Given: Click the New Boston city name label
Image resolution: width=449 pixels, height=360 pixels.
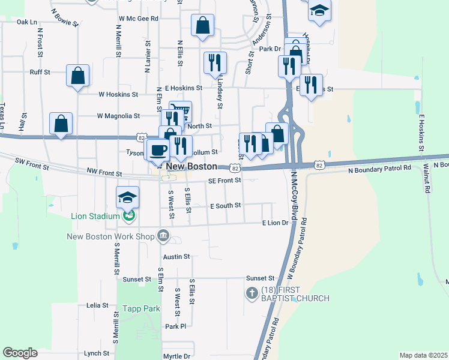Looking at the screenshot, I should [x=191, y=166].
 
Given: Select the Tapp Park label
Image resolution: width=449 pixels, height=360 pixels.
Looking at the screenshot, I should [x=141, y=308].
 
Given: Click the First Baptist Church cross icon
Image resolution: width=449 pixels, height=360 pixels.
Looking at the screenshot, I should [x=252, y=293].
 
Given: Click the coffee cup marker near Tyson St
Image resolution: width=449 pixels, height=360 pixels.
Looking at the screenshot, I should [x=158, y=149].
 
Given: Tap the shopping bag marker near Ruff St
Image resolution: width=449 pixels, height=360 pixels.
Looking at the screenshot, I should [x=78, y=76].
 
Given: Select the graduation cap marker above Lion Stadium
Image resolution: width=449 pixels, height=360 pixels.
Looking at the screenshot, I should [x=128, y=197].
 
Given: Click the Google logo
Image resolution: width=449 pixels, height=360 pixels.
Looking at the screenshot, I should [x=20, y=353].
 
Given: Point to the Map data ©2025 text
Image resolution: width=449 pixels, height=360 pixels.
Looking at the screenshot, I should [x=423, y=355].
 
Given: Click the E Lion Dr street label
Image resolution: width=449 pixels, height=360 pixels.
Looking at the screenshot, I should [x=276, y=223].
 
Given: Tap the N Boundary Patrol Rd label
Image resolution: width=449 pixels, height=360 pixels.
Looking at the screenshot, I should [x=379, y=169].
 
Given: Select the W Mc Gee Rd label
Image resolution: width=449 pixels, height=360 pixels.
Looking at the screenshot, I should [x=138, y=19].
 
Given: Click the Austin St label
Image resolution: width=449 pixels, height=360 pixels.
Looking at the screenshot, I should [x=176, y=256].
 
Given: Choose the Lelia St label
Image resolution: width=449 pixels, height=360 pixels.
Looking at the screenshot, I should [x=97, y=305].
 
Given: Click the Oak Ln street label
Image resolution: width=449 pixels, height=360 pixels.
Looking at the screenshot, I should [x=27, y=22].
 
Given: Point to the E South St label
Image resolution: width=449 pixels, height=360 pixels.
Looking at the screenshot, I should [x=225, y=205].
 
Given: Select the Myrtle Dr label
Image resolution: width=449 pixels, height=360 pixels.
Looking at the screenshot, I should [x=176, y=356].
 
